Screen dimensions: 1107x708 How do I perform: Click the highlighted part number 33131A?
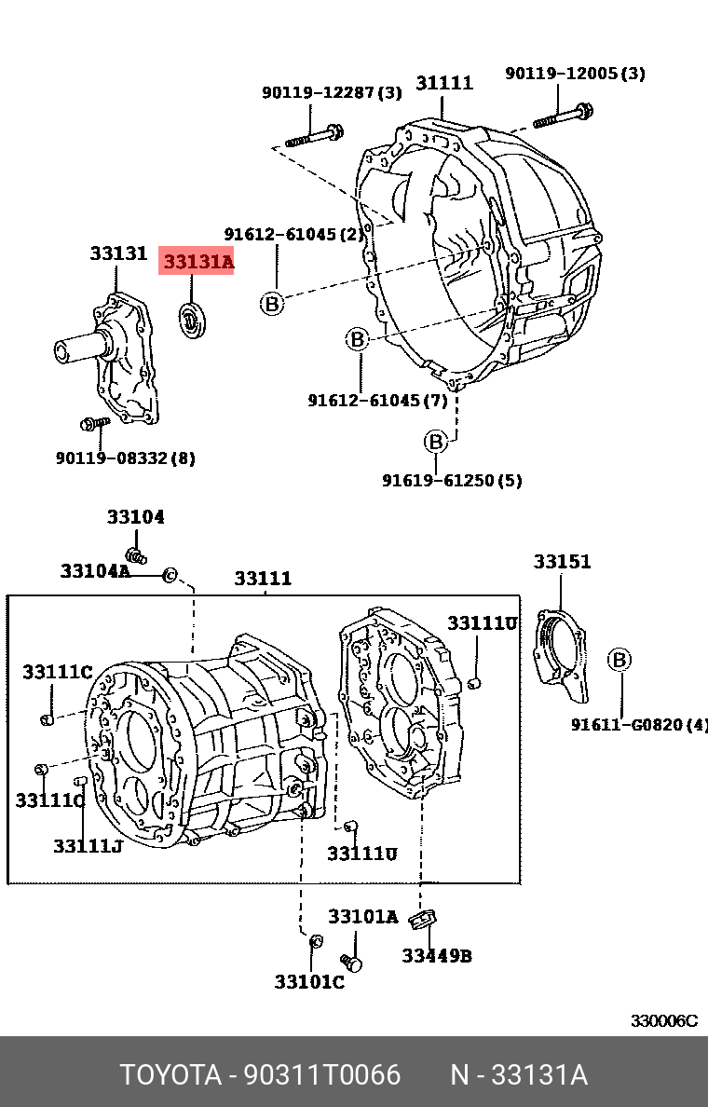pos(197,263)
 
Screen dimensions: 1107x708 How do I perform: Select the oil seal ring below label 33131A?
pos(194,321)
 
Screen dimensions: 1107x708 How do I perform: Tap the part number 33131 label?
pos(118,253)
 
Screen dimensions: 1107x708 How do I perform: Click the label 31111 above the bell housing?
pos(444,83)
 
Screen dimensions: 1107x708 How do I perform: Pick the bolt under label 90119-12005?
pos(565,117)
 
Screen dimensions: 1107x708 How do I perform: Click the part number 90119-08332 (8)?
pos(125,458)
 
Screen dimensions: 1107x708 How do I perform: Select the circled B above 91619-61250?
pos(436,442)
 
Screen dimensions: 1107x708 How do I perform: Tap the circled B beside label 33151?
pos(619,661)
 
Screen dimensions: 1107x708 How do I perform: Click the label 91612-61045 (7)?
pos(377,401)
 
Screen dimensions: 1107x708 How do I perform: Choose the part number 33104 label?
pos(135,517)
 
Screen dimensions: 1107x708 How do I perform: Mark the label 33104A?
pos(95,570)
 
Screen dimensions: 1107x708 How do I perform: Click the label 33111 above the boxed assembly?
pos(263,579)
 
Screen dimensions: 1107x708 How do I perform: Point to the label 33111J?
pos(88,845)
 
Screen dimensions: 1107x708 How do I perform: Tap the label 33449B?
pos(437,955)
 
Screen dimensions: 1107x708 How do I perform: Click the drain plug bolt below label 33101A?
pos(351,961)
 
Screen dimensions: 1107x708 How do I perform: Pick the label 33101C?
pos(309,981)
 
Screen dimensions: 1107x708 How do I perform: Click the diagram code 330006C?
pos(663,1020)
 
